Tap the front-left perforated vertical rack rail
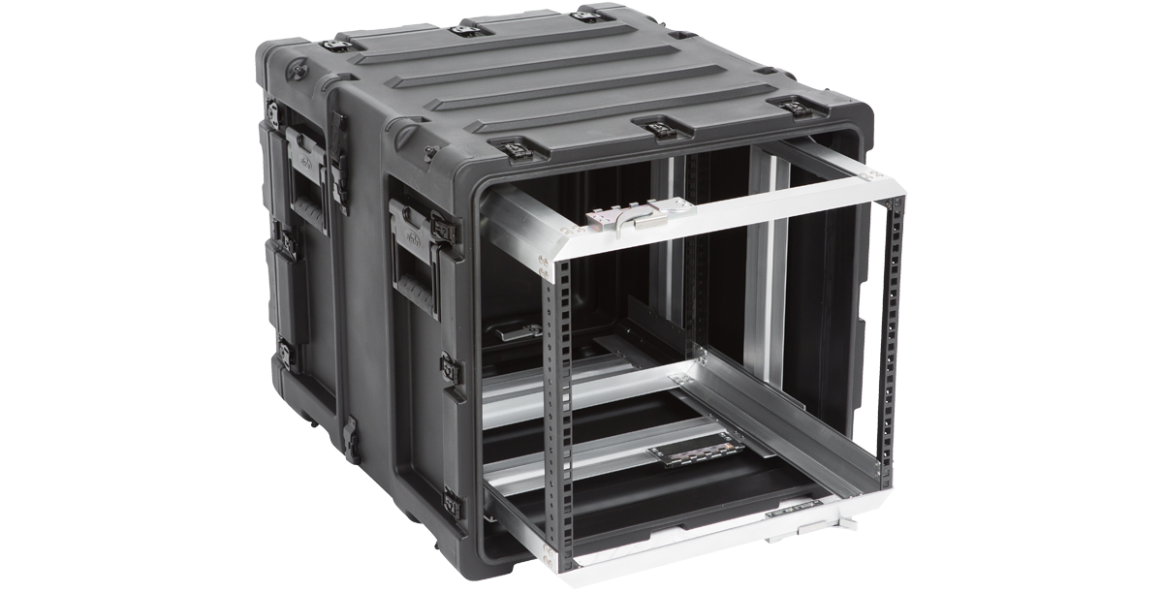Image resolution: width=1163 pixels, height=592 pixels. point(559,407)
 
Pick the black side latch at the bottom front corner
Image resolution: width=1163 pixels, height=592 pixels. point(451,501)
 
